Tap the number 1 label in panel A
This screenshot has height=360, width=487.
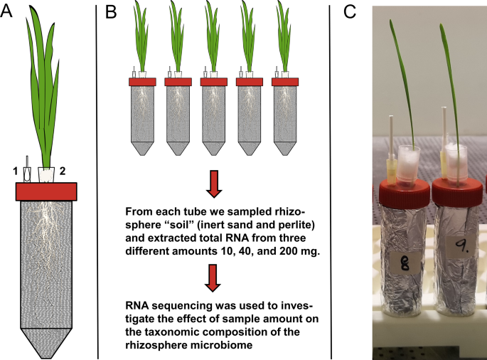14,171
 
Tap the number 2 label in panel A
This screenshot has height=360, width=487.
64,171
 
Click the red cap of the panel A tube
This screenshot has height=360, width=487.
46,191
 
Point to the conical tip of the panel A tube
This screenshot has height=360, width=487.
46,342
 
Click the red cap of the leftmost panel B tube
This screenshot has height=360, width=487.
142,82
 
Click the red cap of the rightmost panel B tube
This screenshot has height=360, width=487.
287,82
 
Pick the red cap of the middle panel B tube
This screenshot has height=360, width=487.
214,82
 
